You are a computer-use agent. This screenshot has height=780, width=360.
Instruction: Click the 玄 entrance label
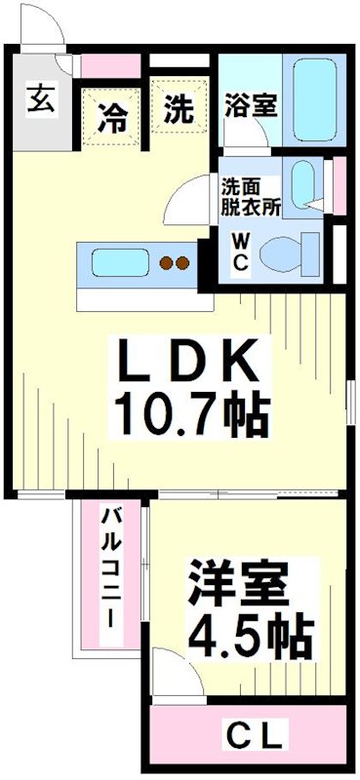pos(40,98)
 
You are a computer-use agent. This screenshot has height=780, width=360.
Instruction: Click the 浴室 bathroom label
pos(249,105)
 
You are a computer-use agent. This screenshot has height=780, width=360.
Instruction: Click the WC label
pos(240,252)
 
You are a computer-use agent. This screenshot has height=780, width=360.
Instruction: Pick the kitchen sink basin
pos(119,261)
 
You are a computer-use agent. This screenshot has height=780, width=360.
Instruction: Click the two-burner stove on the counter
pos(174,261)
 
